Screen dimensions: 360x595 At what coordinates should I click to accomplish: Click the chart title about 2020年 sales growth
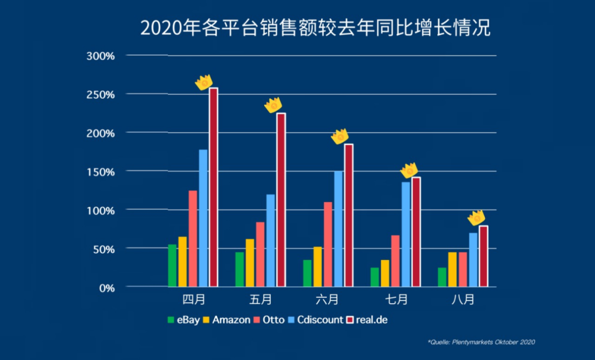click(x=315, y=28)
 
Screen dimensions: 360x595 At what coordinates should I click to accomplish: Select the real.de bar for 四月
click(x=213, y=187)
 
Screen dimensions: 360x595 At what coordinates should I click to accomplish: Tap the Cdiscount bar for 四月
click(x=203, y=218)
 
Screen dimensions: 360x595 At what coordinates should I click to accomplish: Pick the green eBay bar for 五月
click(x=240, y=270)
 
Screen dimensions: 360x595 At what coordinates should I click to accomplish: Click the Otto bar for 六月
click(x=328, y=244)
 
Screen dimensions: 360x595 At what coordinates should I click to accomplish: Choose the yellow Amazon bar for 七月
click(x=385, y=273)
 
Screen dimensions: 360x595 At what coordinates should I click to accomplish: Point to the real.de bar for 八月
click(x=483, y=256)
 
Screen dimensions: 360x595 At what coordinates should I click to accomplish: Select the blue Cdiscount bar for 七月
click(x=405, y=234)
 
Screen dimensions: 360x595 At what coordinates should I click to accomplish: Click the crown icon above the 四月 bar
click(x=204, y=82)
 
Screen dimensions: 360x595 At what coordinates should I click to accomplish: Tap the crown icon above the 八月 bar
click(x=476, y=218)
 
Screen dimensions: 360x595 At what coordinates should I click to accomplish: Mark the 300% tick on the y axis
click(x=100, y=56)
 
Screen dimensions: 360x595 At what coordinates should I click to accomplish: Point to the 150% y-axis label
click(x=100, y=171)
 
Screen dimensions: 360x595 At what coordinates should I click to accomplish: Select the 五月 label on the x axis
click(x=261, y=300)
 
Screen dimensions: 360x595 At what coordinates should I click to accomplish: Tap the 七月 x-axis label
click(x=396, y=300)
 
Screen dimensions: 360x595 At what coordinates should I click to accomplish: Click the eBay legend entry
click(x=184, y=320)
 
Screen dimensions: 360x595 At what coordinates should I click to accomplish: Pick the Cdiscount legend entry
click(x=316, y=320)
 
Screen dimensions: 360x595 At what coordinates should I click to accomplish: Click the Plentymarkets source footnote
click(x=482, y=342)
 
